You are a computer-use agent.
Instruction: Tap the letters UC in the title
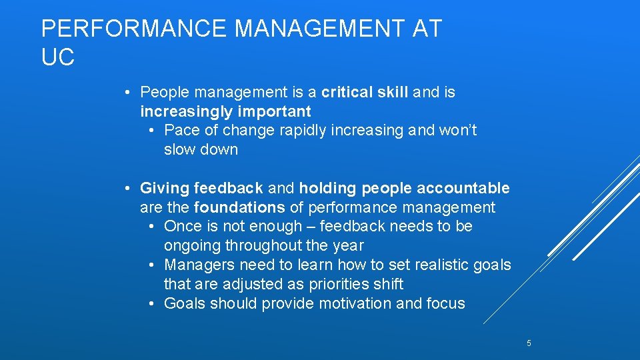click(x=57, y=58)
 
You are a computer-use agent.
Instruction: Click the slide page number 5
click(x=529, y=343)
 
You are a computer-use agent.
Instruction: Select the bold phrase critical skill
click(x=365, y=92)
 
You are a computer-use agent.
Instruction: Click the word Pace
click(x=183, y=131)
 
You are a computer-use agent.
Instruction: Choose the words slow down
click(x=201, y=149)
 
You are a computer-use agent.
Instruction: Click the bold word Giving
click(x=165, y=189)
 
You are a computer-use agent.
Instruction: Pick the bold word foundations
click(x=239, y=208)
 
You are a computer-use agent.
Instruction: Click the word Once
click(x=183, y=227)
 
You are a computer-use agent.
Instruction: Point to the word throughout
click(x=288, y=246)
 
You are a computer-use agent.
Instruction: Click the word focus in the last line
click(x=446, y=303)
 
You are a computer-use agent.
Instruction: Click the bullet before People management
click(x=127, y=92)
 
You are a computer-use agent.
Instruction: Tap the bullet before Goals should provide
click(x=152, y=303)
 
